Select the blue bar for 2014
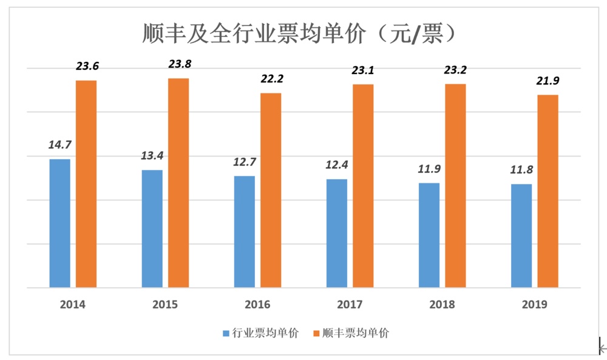point(59,223)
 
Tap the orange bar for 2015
point(178,182)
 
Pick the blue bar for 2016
point(245,231)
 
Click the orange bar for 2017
point(363,185)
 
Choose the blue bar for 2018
point(429,235)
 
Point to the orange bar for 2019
point(548,191)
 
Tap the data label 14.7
point(60,144)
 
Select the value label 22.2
point(272,79)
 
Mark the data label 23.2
point(456,70)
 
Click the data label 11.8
point(521,169)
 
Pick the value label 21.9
point(549,81)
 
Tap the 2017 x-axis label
point(350,304)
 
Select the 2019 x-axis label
point(535,304)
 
